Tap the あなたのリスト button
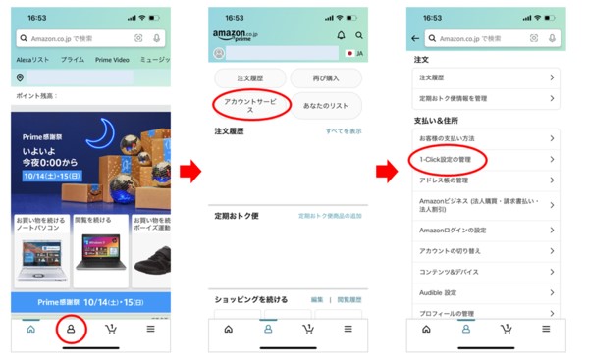[326, 104]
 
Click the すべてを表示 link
[344, 130]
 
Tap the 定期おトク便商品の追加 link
[330, 215]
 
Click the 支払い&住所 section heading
[437, 120]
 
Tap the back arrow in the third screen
[416, 38]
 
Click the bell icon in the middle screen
[342, 35]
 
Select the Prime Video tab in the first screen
[111, 60]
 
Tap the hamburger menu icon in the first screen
[150, 329]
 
